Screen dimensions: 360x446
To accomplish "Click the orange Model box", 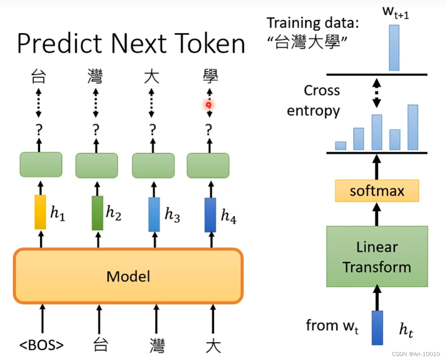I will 128,276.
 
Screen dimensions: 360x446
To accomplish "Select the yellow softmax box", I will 377,191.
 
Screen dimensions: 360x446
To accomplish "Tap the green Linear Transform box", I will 377,256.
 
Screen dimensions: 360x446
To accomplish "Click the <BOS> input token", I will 41,345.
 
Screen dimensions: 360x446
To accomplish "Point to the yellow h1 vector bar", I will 40,212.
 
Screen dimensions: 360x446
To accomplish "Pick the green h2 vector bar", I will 97,213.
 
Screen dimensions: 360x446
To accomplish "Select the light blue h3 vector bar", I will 154,214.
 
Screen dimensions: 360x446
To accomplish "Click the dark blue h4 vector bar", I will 210,215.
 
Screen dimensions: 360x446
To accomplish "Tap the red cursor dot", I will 209,105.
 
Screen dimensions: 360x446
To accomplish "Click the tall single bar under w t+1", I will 394,48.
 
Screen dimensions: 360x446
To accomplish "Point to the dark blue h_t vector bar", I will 377,328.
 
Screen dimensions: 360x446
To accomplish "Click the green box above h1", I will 41,164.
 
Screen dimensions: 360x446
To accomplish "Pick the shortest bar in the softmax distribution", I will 340,146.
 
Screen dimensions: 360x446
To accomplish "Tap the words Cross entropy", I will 315,100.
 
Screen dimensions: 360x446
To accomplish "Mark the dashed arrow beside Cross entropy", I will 377,93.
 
